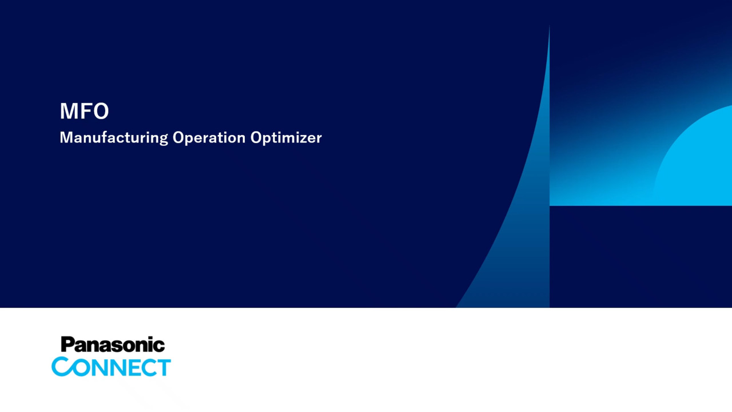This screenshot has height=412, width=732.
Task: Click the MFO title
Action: (84, 111)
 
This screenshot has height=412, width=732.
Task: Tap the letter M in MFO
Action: (68, 111)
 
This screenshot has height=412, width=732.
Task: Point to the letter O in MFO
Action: (100, 111)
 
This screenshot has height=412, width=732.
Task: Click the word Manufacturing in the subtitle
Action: (114, 138)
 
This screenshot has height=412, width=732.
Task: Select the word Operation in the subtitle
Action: (209, 138)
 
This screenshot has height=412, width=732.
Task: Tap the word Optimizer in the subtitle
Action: (287, 138)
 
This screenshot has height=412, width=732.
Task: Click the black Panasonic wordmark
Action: (113, 344)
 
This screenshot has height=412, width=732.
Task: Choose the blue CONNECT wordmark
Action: (111, 367)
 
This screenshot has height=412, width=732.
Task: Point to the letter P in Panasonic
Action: (68, 345)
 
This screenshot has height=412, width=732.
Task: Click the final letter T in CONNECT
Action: (163, 367)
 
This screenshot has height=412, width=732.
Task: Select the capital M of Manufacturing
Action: (67, 138)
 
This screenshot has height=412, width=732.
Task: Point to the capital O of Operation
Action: (179, 138)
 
